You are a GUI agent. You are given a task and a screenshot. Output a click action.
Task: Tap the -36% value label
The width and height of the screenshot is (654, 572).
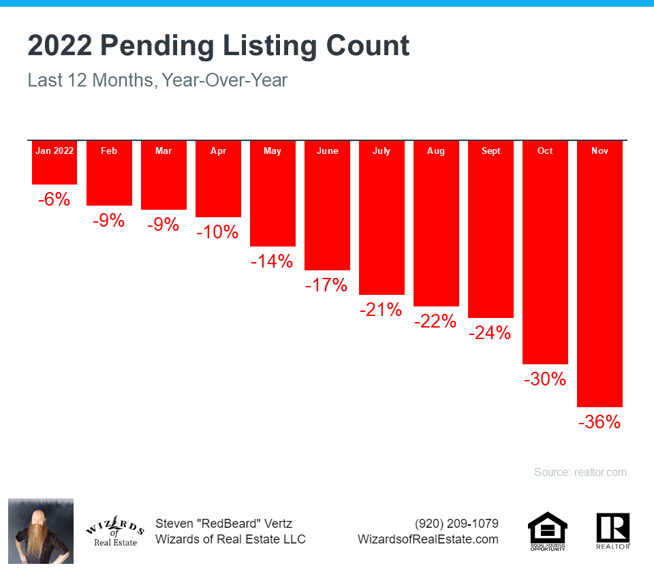[x=599, y=422]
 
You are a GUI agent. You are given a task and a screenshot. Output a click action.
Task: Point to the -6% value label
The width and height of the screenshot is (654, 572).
[x=54, y=200]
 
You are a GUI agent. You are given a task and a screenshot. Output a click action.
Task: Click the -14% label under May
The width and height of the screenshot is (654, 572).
[x=271, y=261]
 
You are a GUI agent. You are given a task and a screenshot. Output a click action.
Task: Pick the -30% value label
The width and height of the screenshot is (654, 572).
[x=545, y=379]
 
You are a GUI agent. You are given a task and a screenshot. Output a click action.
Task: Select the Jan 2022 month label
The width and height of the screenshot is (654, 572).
[x=54, y=150]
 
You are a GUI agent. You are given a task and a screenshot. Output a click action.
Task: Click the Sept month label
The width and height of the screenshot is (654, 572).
[x=490, y=150]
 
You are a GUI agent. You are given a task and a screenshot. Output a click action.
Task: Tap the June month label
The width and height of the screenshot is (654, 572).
[x=327, y=150]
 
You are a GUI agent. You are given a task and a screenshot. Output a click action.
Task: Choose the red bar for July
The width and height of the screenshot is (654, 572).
[x=381, y=225]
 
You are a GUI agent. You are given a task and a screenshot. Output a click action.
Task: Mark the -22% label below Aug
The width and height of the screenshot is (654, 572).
[x=435, y=321]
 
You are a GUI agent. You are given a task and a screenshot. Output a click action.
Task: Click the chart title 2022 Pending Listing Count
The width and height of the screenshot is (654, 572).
[x=219, y=46]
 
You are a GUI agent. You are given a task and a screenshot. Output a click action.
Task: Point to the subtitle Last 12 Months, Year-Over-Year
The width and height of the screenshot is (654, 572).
[x=157, y=80]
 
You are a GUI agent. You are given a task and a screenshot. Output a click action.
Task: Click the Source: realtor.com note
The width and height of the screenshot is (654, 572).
[x=580, y=472]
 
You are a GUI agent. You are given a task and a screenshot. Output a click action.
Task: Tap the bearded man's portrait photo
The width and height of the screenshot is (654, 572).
[x=41, y=531]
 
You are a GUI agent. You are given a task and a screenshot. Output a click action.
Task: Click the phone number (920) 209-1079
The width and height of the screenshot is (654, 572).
[x=456, y=524]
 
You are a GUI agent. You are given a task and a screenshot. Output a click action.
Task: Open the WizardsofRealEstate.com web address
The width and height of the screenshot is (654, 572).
[x=428, y=539]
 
